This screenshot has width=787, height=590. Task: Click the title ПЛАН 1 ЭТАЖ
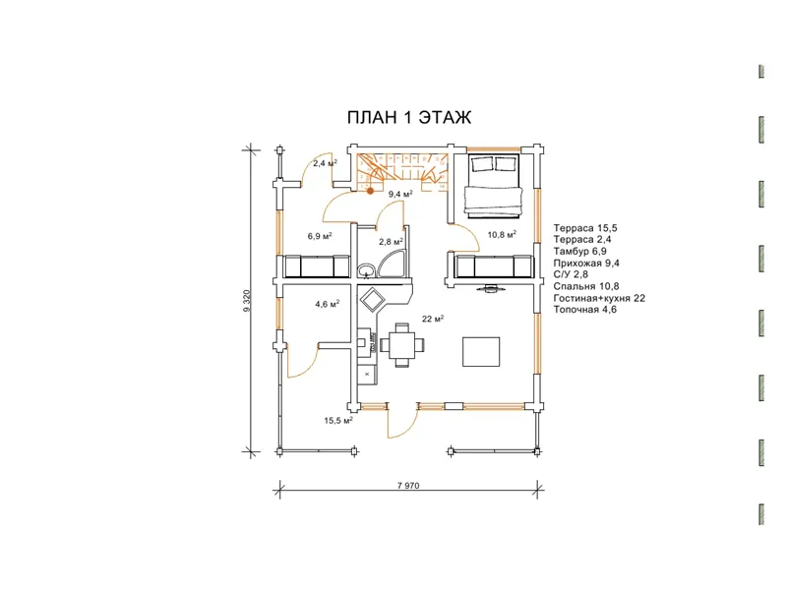[x=409, y=117]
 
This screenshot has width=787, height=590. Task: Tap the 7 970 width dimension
[x=408, y=485]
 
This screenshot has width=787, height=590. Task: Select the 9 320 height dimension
[x=247, y=301]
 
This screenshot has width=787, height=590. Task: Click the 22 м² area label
[x=433, y=319]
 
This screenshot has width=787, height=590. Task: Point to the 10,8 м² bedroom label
[x=502, y=234]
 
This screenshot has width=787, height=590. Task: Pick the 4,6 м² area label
[x=328, y=304]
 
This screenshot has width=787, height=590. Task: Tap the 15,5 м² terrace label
[x=338, y=421]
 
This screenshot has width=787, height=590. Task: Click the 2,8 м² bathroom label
[x=391, y=241]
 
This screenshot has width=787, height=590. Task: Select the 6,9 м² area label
[x=320, y=236]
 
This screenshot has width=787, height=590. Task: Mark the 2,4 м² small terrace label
[x=325, y=163]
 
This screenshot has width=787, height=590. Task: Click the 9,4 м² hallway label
[x=400, y=194]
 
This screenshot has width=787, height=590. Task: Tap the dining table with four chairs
[x=402, y=345]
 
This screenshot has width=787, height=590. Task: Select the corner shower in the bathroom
[x=394, y=265]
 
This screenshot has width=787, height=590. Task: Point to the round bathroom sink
[x=366, y=270]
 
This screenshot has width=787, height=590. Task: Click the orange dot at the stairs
[x=371, y=191]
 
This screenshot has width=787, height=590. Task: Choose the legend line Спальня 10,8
[x=586, y=286]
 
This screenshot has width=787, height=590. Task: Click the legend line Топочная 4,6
[x=585, y=310]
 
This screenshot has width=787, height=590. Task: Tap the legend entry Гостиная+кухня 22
[x=599, y=298]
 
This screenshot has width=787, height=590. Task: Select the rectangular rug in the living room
[x=481, y=352]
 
